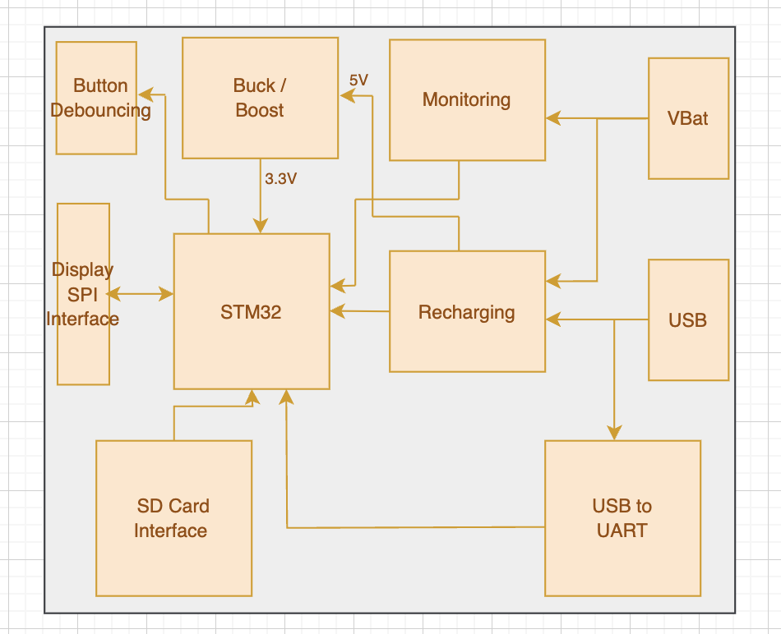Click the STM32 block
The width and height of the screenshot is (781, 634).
click(251, 311)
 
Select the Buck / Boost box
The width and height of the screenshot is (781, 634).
click(260, 98)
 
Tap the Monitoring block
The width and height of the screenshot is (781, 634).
click(466, 99)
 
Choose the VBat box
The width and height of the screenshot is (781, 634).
click(688, 118)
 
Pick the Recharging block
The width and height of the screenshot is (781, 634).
click(466, 312)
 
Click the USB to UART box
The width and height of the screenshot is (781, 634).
click(622, 518)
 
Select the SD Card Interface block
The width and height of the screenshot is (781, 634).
click(173, 518)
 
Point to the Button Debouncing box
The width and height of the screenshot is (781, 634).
click(96, 98)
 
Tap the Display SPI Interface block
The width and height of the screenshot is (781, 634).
click(83, 294)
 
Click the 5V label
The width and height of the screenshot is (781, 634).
click(358, 80)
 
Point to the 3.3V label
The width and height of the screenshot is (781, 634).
click(280, 178)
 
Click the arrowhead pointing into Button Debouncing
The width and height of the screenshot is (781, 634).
click(144, 94)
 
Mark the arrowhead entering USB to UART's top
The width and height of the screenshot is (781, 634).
click(614, 433)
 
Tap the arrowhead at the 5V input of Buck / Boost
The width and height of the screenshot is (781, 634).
click(347, 96)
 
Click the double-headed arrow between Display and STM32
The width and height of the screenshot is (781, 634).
click(141, 294)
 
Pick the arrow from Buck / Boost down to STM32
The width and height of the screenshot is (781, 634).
click(261, 201)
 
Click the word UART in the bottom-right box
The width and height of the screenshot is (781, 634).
click(622, 531)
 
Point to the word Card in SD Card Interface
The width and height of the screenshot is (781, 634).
click(191, 506)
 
